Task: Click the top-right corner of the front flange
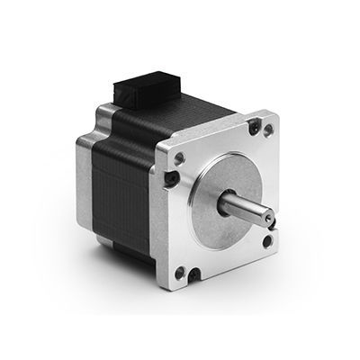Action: (271, 113)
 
